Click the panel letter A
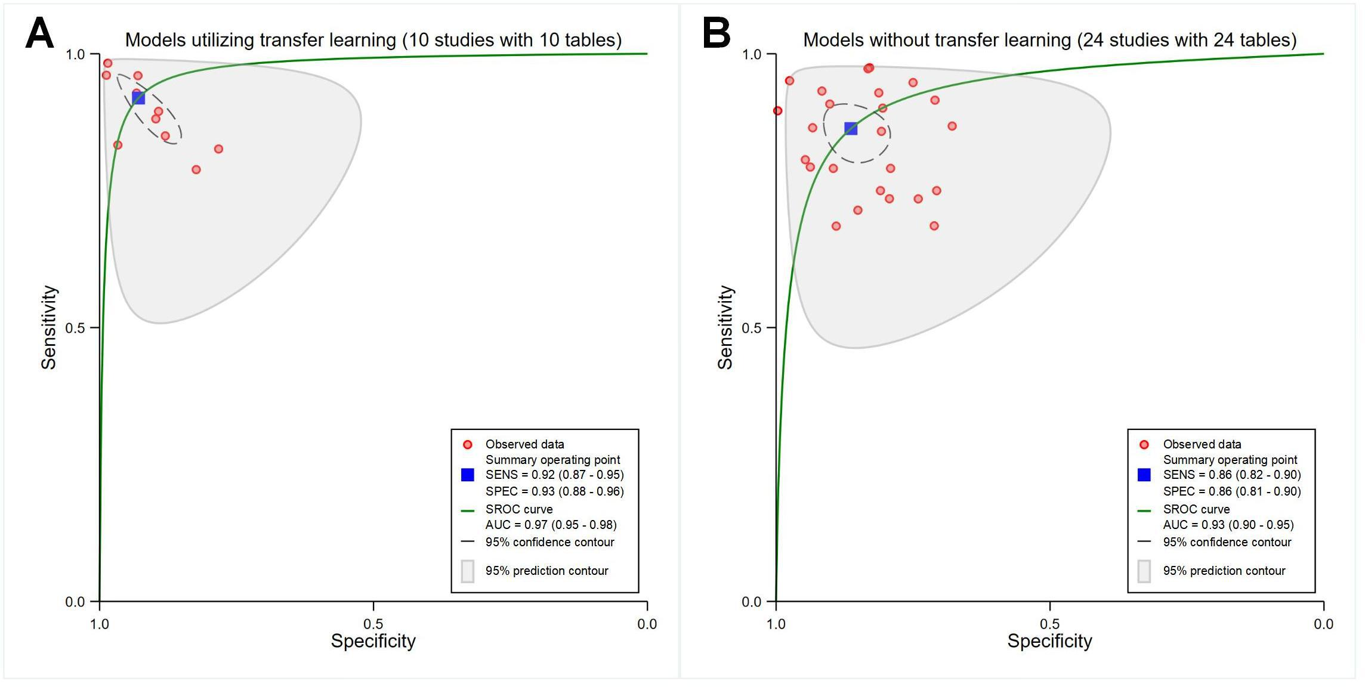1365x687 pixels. coord(39,33)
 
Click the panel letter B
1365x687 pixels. coord(717,33)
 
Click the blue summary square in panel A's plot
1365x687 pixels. coord(138,98)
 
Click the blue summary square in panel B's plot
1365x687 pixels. coord(851,128)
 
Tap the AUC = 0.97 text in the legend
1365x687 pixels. coord(551,525)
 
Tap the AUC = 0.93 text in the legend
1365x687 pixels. coord(1228,525)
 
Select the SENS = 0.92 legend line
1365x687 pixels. coord(554,475)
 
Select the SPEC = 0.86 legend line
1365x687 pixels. coord(1231,491)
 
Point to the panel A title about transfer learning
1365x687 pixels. coord(373,40)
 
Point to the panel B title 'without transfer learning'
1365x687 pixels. coord(1049,40)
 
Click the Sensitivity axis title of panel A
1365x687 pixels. coord(49,327)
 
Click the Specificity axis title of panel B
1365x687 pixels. coord(1049,641)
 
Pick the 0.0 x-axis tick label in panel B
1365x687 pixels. coord(1323,624)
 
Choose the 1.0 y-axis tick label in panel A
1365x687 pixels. coord(75,54)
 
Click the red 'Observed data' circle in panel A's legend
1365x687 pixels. coord(468,444)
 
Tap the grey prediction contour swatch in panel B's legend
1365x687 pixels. coord(1144,571)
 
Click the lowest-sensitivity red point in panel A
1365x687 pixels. coord(196,170)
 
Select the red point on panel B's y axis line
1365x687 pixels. coord(777,111)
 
